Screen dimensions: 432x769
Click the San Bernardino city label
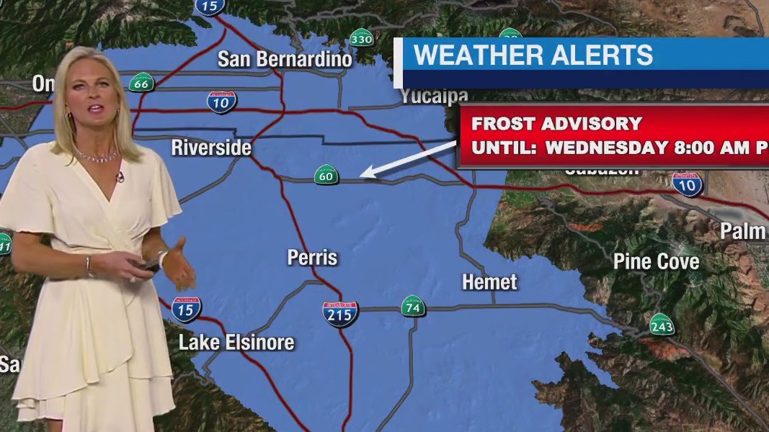click(285, 58)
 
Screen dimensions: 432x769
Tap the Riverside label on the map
click(211, 148)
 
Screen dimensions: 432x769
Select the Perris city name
click(312, 257)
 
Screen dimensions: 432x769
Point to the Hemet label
click(489, 282)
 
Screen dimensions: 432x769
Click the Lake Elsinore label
click(236, 343)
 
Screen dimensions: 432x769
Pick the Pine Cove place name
click(656, 261)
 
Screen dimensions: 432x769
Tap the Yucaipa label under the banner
click(434, 96)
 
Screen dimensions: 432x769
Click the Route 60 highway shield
click(326, 174)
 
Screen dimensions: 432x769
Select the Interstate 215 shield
click(340, 314)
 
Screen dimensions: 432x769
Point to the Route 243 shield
click(661, 325)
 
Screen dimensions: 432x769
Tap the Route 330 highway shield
click(361, 39)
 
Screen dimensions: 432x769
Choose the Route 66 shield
click(142, 83)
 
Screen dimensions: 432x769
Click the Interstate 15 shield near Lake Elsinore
click(187, 309)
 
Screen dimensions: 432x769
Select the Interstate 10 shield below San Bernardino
click(221, 102)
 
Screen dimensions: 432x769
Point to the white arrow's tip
click(362, 175)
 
